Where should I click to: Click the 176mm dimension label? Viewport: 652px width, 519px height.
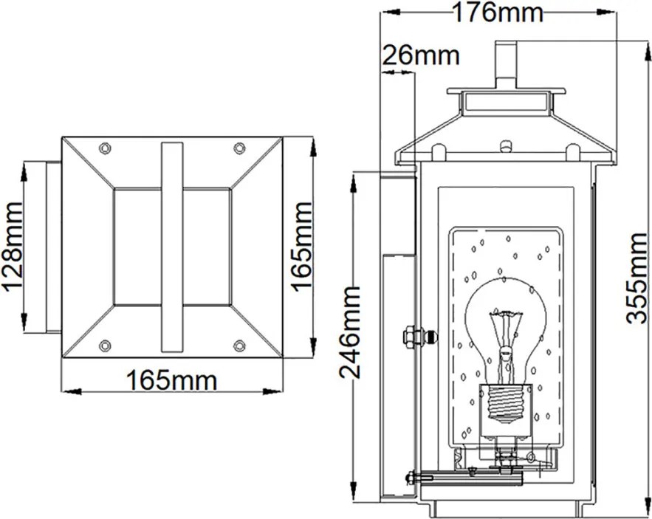pos(498,13)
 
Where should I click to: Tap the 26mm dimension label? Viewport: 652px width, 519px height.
pos(421,55)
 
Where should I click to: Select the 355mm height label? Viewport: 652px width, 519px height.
pos(637,278)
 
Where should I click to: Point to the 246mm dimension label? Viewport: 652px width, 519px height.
pos(350,332)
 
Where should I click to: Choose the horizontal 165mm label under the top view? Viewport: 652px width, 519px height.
pos(172,380)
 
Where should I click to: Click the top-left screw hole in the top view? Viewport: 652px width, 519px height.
pos(105,148)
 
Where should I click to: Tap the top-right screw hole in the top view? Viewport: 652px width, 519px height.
pos(239,148)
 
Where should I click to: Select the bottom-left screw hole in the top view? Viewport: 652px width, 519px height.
pos(105,346)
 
